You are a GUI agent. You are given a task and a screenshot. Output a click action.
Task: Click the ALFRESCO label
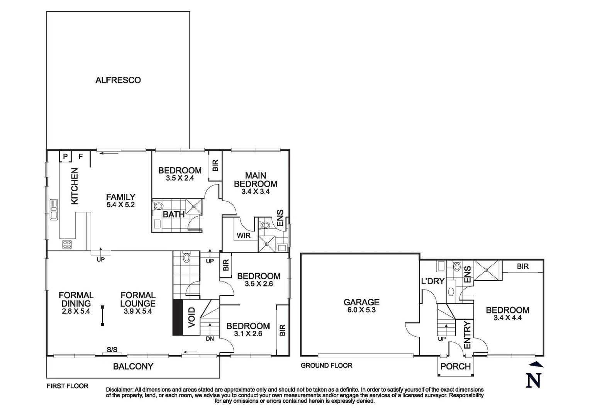(118, 80)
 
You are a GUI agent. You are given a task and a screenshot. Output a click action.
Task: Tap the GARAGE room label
(361, 302)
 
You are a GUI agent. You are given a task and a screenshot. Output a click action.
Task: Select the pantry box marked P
(65, 157)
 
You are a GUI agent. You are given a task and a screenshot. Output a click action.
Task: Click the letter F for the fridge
(81, 157)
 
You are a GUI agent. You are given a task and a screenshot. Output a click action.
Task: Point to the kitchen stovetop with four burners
(67, 244)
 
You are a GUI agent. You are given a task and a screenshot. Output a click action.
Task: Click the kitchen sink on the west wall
(54, 210)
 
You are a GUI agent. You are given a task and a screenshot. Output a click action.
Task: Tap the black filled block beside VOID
(177, 317)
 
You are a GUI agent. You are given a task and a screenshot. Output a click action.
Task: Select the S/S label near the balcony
(112, 350)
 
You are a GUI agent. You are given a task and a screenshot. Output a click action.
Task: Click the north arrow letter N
(533, 380)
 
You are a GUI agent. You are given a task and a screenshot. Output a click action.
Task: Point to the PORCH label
(456, 366)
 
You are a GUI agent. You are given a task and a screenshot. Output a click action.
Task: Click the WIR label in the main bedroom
(243, 236)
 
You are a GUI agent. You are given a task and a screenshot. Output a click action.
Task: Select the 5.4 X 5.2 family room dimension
(120, 205)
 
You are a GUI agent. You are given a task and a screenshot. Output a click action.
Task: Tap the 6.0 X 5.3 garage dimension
(361, 310)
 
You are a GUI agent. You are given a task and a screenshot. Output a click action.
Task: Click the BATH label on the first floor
(173, 214)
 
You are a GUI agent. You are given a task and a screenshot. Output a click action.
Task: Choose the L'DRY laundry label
(432, 281)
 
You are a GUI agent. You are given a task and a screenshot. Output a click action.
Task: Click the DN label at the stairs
(210, 339)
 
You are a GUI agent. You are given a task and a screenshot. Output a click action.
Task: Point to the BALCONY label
(133, 366)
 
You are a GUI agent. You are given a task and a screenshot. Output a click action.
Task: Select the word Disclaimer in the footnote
(120, 390)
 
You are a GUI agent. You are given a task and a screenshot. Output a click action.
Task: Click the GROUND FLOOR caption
(326, 365)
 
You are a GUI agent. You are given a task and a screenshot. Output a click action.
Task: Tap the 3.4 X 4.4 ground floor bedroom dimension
(507, 318)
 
